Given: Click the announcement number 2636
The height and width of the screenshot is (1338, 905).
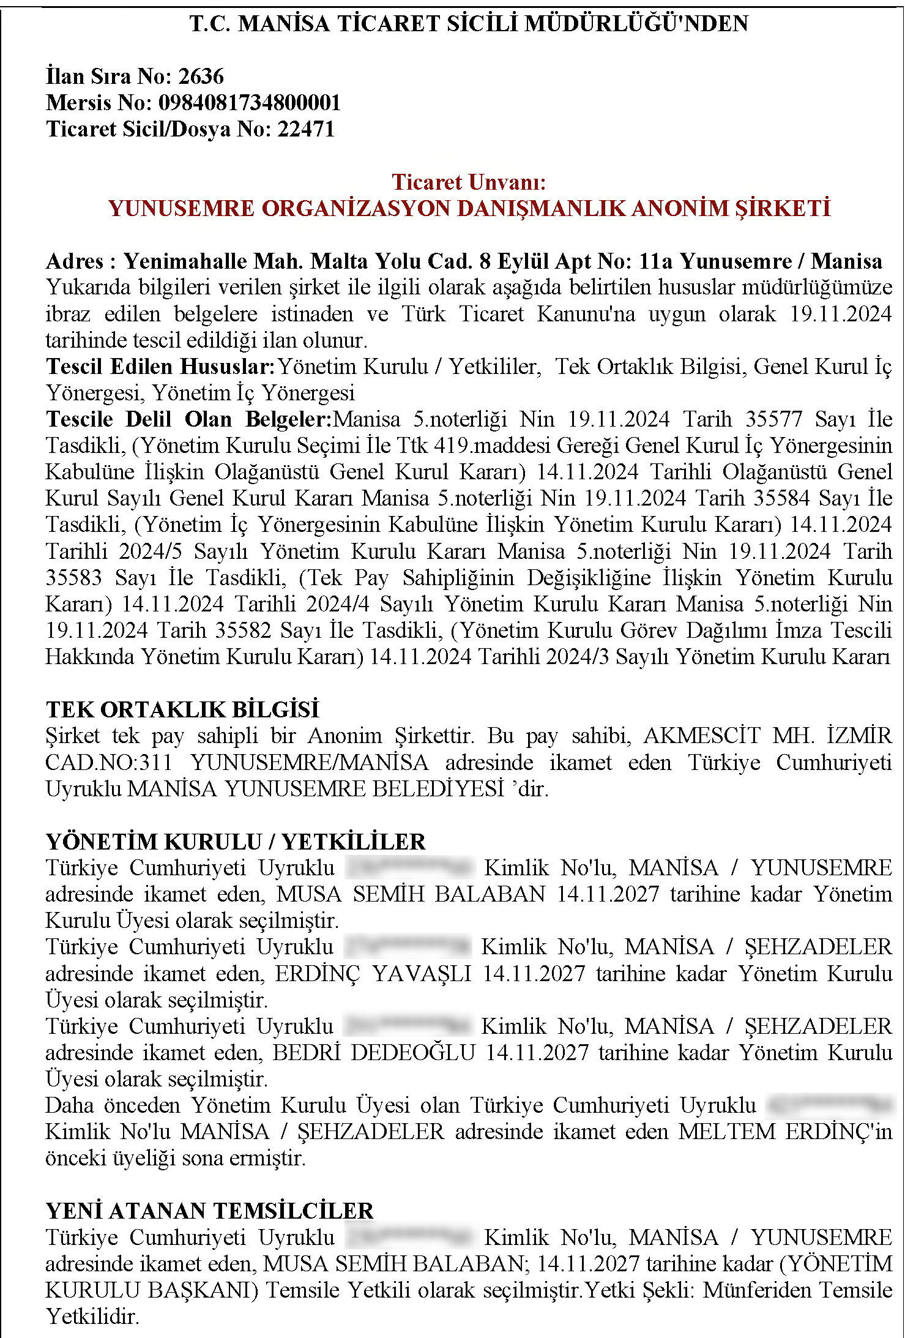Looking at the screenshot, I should (x=201, y=77).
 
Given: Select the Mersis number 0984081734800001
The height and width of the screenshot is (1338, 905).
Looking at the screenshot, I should (x=249, y=103).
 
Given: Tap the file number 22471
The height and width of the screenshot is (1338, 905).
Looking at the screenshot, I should (x=306, y=129).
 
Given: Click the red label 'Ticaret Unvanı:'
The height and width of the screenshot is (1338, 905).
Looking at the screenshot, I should (x=469, y=182).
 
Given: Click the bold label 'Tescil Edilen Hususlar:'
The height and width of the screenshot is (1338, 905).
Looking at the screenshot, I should (x=160, y=367).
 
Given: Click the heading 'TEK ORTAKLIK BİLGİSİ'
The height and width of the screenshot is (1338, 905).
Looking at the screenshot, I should (x=182, y=709).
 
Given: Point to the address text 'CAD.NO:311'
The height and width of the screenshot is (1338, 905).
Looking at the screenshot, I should (x=108, y=763).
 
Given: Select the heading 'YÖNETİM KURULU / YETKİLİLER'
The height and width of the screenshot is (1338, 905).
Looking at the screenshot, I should (x=236, y=842).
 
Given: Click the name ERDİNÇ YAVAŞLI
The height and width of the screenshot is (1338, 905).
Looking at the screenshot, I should (x=373, y=974).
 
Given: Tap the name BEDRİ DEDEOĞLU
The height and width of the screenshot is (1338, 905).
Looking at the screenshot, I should (x=373, y=1053).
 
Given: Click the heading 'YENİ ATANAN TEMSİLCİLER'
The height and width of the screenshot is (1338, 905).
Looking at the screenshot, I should (x=209, y=1211).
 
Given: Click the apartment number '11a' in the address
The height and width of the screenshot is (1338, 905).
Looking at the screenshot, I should (x=655, y=261).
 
